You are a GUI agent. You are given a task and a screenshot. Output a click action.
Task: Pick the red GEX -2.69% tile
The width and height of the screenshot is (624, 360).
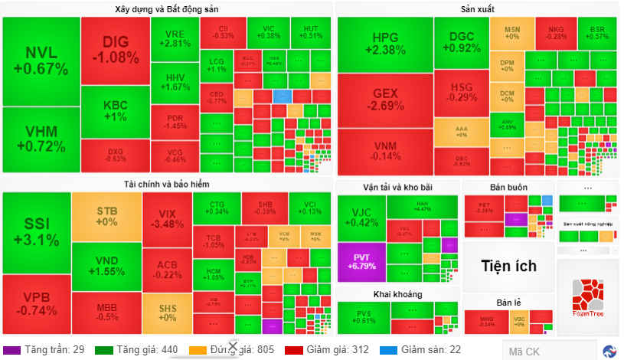click(384, 99)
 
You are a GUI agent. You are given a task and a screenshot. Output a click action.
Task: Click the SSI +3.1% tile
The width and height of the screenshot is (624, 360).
click(36, 231)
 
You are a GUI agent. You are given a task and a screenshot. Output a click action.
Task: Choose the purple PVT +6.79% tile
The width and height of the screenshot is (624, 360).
click(361, 260)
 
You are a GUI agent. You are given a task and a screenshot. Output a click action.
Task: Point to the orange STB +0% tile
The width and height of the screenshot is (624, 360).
click(106, 216)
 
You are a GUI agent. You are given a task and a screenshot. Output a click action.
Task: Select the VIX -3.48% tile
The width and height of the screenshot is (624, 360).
click(167, 218)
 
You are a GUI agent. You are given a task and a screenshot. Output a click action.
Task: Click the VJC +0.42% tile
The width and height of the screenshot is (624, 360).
click(361, 217)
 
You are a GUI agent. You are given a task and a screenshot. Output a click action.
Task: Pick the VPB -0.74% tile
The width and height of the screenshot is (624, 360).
click(36, 304)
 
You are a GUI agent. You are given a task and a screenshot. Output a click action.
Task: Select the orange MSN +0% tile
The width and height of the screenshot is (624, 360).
click(512, 32)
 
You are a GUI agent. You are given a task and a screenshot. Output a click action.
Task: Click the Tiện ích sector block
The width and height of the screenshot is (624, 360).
click(508, 267)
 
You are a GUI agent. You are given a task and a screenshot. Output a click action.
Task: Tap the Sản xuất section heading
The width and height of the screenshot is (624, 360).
click(478, 9)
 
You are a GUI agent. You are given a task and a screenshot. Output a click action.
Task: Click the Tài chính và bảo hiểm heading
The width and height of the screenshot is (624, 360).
click(166, 184)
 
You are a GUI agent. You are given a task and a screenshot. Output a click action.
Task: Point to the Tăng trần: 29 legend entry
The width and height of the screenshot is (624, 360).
click(46, 350)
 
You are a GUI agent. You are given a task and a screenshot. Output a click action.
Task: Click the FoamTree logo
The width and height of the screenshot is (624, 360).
click(587, 295)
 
